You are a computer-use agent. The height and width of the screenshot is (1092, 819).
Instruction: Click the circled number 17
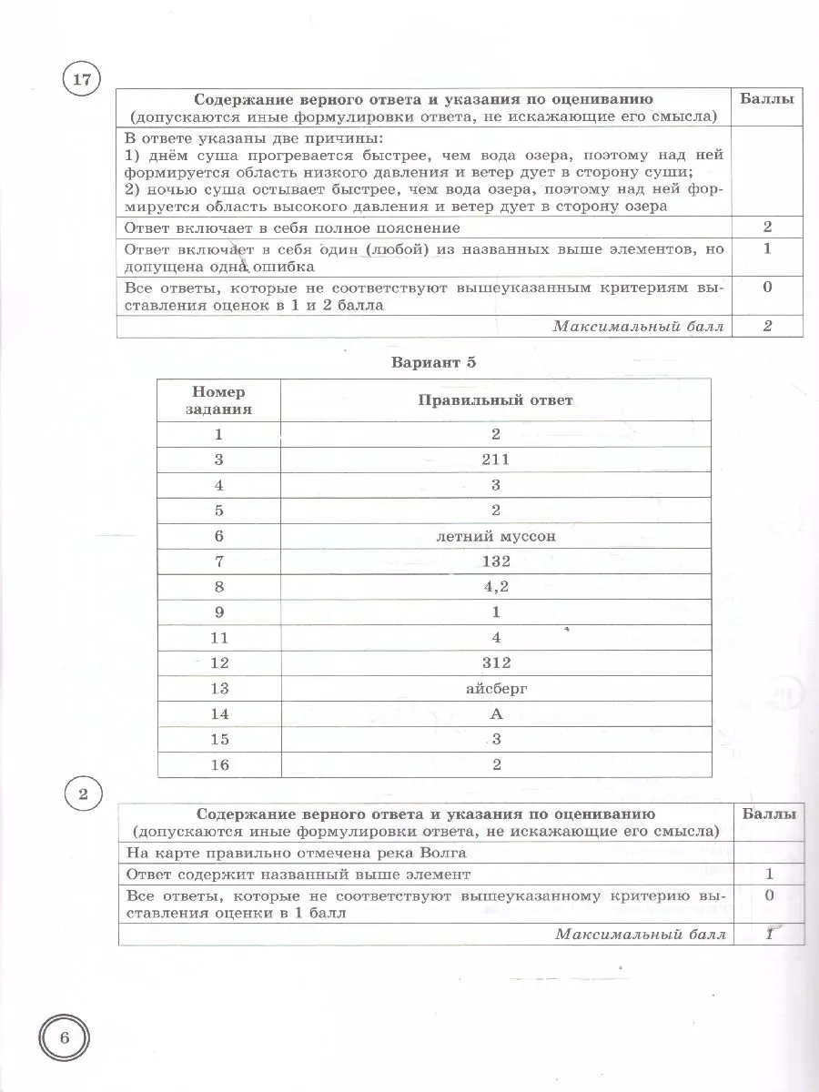click(82, 80)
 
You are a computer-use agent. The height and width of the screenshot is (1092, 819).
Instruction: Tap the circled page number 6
click(65, 1037)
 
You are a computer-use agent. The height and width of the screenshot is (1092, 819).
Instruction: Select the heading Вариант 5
click(433, 361)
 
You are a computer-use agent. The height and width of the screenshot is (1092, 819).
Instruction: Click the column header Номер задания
click(218, 400)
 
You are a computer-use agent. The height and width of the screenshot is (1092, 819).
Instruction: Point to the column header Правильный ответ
click(496, 400)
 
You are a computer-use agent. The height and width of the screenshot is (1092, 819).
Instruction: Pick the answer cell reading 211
click(496, 460)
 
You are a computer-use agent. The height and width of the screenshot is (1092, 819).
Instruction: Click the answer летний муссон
click(496, 536)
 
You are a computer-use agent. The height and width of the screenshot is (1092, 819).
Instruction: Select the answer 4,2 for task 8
click(496, 586)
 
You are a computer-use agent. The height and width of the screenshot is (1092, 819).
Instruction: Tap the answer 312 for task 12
click(496, 662)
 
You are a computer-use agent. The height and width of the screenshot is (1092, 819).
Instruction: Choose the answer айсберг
click(496, 688)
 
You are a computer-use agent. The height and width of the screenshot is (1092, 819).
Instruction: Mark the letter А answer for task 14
click(496, 713)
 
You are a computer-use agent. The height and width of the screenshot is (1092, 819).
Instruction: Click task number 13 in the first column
click(218, 688)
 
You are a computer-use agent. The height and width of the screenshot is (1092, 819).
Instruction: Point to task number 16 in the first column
click(218, 764)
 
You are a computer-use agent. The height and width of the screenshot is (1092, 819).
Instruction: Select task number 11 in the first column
click(218, 637)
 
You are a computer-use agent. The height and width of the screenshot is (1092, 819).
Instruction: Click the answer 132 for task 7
click(496, 561)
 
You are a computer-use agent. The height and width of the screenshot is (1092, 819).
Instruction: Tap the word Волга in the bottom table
click(446, 853)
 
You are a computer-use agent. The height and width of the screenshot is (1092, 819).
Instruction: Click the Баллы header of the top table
click(766, 98)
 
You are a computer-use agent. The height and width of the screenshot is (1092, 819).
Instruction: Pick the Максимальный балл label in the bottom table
click(641, 935)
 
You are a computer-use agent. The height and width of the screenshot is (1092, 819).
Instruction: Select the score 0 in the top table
click(767, 288)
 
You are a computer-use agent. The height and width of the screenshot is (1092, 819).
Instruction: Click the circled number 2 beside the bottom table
click(83, 797)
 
